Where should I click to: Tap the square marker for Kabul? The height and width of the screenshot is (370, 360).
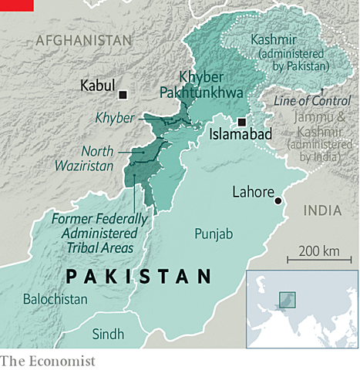point(123,94)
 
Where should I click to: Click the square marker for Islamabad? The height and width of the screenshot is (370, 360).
point(241,121)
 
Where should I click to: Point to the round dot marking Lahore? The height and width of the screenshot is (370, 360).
point(278,201)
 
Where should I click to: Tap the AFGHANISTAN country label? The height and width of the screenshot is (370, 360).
point(83,39)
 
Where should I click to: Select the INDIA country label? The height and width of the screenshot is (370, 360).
point(323,210)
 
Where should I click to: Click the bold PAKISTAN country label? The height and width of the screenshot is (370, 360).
point(139,275)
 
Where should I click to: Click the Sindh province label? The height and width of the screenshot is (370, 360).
point(108,334)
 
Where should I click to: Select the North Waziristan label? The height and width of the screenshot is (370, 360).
point(94,158)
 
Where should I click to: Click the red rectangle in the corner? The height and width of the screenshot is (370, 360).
point(16,5)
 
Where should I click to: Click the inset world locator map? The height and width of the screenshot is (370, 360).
point(300,308)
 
